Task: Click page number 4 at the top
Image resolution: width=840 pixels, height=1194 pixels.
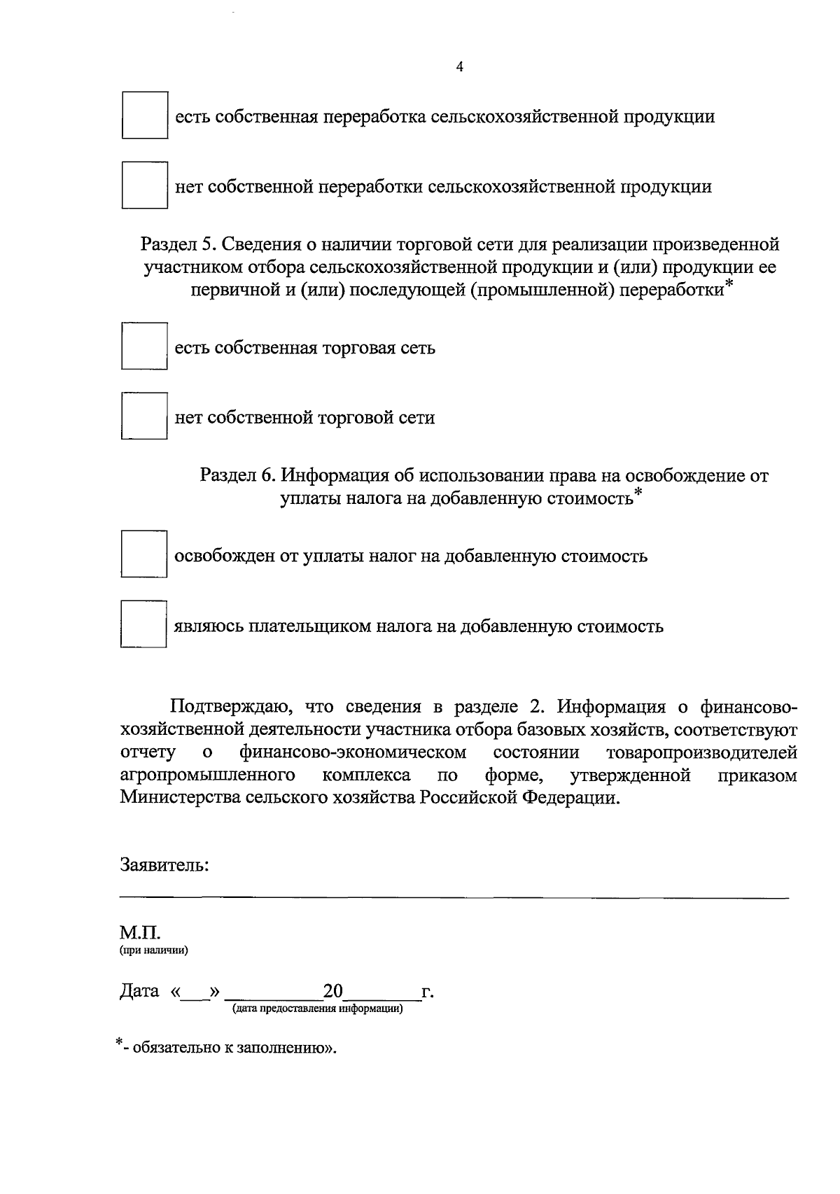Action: pyautogui.click(x=459, y=67)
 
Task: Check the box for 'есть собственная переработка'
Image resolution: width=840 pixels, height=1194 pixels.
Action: pyautogui.click(x=145, y=115)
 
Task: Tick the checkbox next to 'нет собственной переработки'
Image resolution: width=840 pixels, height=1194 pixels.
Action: pyautogui.click(x=145, y=185)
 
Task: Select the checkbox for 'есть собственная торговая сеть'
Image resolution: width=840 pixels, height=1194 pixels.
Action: pyautogui.click(x=144, y=346)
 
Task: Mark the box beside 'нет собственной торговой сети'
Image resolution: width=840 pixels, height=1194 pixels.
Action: pyautogui.click(x=144, y=416)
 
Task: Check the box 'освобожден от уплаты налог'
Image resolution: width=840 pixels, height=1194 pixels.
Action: pyautogui.click(x=144, y=554)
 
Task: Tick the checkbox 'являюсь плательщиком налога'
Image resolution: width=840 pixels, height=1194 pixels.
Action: pyautogui.click(x=143, y=624)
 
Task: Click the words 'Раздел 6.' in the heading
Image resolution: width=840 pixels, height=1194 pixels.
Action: pyautogui.click(x=239, y=476)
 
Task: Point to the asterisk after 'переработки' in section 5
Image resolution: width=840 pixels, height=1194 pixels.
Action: pyautogui.click(x=729, y=283)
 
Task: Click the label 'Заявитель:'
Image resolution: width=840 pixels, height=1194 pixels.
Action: pyautogui.click(x=164, y=865)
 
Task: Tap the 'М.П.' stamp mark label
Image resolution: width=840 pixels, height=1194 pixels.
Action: pyautogui.click(x=140, y=934)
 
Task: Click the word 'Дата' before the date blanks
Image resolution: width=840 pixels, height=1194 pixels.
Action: pyautogui.click(x=139, y=992)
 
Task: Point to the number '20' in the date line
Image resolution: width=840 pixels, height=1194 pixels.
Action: pyautogui.click(x=333, y=991)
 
